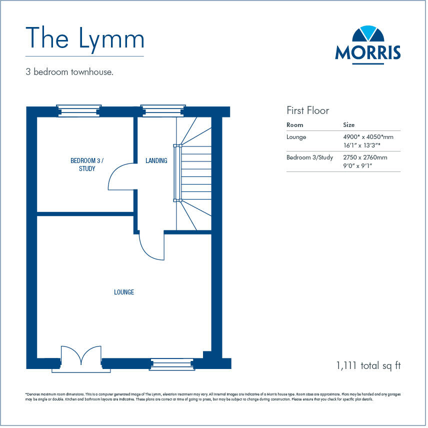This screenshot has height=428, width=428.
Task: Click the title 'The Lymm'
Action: pyautogui.click(x=84, y=38)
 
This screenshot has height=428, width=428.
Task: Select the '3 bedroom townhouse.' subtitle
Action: pyautogui.click(x=69, y=72)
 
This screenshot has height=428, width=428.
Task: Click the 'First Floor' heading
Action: pyautogui.click(x=308, y=110)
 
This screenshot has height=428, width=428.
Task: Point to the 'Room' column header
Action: pyautogui.click(x=295, y=125)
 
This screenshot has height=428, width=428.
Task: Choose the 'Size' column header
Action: pyautogui.click(x=349, y=125)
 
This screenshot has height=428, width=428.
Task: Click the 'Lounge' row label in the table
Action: pyautogui.click(x=296, y=136)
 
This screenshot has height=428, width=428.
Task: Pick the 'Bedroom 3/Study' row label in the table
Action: pyautogui.click(x=309, y=157)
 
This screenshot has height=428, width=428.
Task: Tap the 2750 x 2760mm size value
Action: pyautogui.click(x=365, y=157)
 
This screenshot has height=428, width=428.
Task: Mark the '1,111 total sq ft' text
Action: pyautogui.click(x=368, y=365)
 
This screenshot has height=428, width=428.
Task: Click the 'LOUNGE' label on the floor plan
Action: pyautogui.click(x=124, y=292)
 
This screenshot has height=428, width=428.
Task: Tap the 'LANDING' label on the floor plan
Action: pyautogui.click(x=156, y=160)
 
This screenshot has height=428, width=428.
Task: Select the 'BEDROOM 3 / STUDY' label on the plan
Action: pyautogui.click(x=86, y=164)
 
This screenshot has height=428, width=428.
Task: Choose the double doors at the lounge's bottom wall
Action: pyautogui.click(x=81, y=358)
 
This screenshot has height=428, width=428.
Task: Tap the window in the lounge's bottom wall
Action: pyautogui.click(x=172, y=364)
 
